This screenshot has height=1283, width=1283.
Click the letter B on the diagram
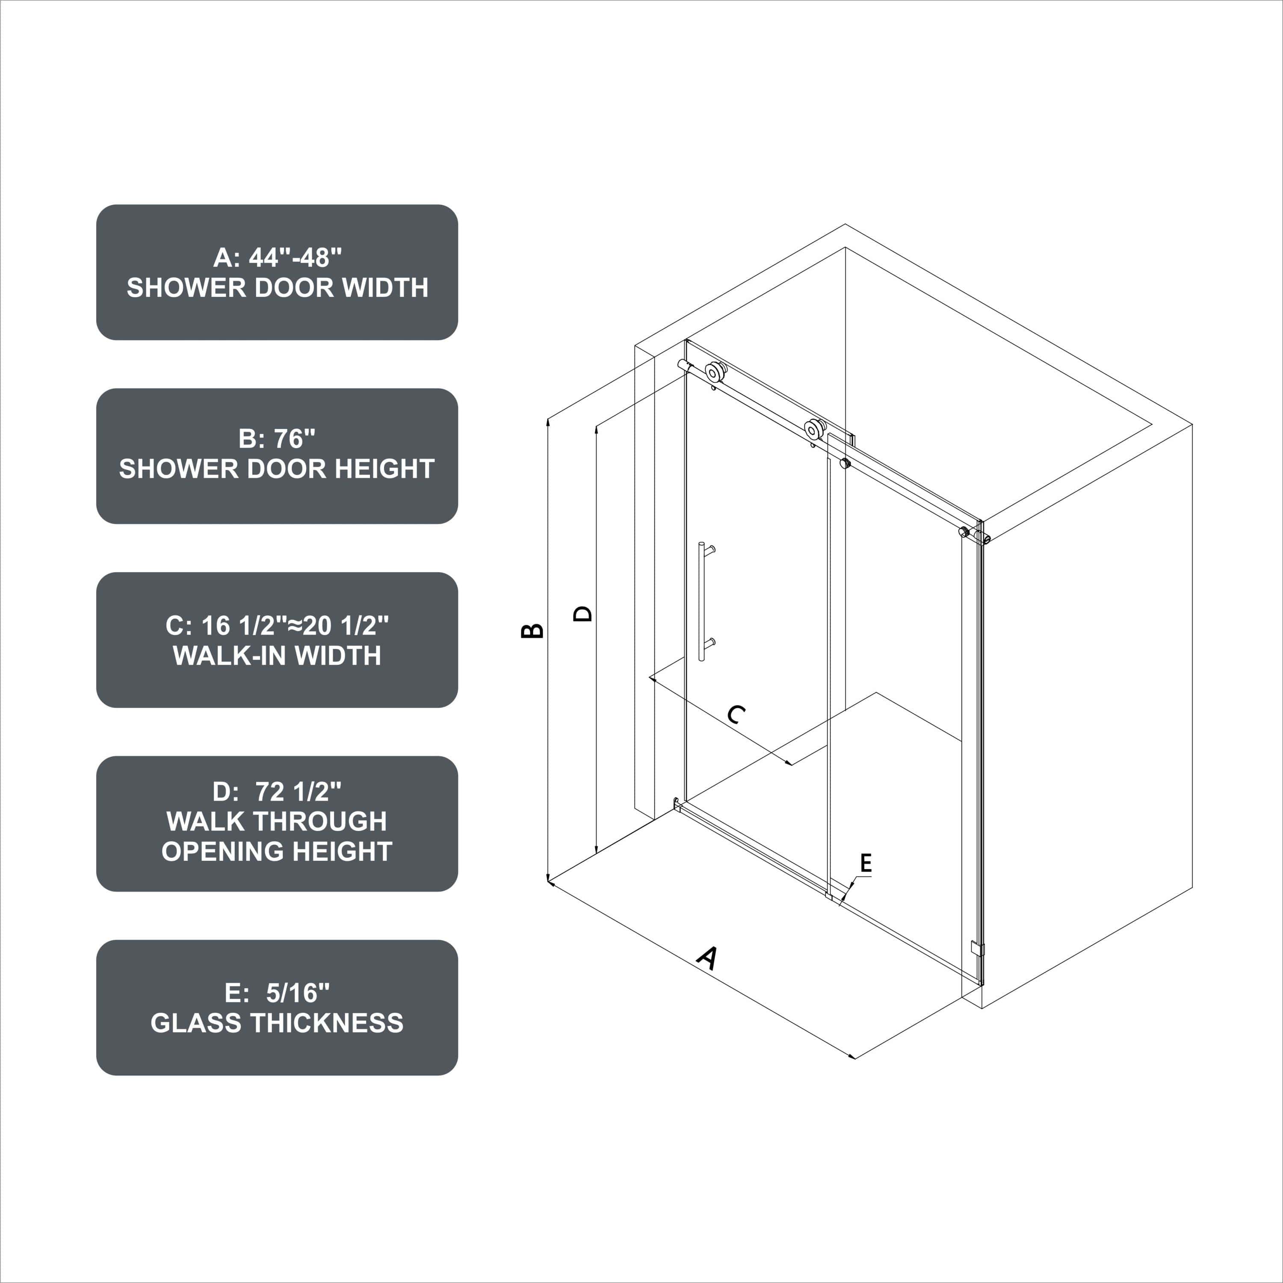[x=532, y=630]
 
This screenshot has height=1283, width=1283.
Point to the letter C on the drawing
[x=736, y=715]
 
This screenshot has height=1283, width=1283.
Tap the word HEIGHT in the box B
[x=384, y=469]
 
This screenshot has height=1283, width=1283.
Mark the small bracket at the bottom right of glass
[x=977, y=948]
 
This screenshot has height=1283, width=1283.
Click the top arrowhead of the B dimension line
[x=549, y=420]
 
